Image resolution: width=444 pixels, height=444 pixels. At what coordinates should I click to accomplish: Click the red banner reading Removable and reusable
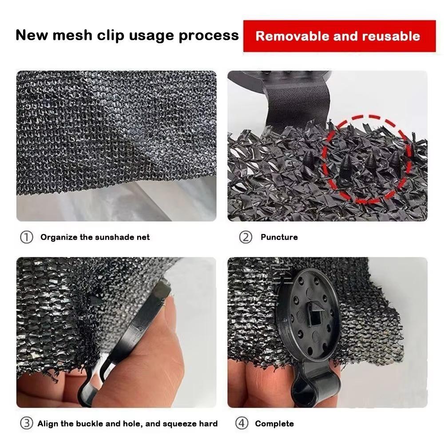coord(339,36)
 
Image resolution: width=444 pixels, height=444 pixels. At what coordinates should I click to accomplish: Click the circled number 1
coord(26,237)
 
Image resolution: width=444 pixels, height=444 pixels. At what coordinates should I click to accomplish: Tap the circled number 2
coord(246,237)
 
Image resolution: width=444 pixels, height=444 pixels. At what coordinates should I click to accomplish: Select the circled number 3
coord(26,423)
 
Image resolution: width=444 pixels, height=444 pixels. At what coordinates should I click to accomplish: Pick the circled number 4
coord(242,423)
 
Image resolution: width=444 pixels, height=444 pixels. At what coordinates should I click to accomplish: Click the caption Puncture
coord(279,237)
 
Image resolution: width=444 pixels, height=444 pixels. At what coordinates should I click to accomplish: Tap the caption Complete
coord(274,424)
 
